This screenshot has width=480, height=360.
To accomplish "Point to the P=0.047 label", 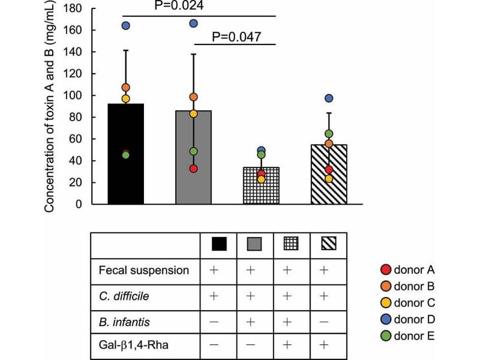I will tap(236, 37).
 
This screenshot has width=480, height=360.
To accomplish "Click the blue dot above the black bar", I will tap(126, 26).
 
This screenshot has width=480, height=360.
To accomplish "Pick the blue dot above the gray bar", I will tap(194, 23).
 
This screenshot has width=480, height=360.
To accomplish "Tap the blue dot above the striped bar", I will tap(328, 98).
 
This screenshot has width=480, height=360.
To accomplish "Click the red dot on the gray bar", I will tap(193, 169).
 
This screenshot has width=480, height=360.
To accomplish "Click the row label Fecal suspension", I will tap(143, 271).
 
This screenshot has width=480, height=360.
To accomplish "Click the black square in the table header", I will tap(218, 244).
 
